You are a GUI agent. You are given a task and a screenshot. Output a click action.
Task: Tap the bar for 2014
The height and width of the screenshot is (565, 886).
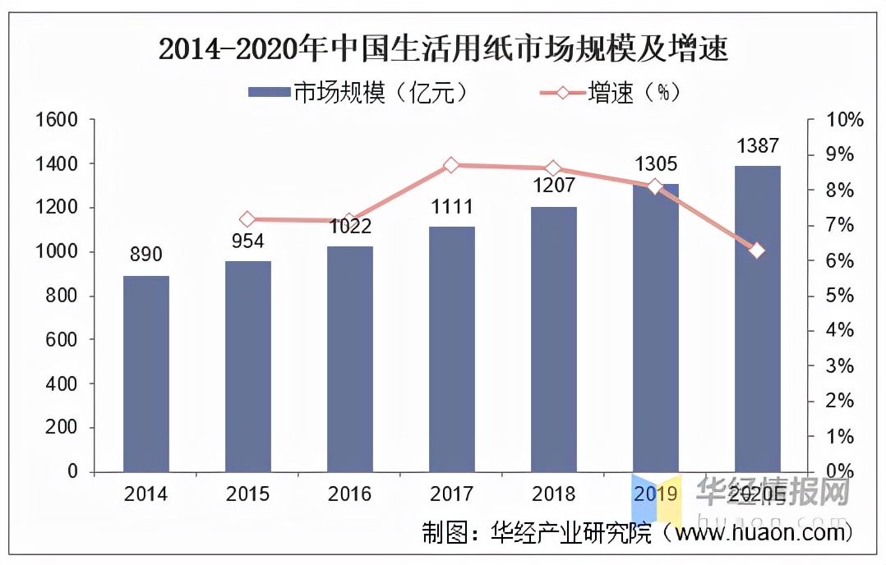(x=146, y=374)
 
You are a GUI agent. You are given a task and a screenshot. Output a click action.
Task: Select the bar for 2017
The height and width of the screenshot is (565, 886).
(x=451, y=349)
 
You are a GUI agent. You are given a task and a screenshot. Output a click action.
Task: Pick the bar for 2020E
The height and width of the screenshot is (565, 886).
(x=757, y=319)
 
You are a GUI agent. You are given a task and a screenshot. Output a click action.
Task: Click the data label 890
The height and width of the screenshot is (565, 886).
(x=146, y=255)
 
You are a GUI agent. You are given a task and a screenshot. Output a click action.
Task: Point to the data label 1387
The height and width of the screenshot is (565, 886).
(x=757, y=145)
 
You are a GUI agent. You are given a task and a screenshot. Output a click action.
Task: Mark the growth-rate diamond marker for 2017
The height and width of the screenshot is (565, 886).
(x=450, y=165)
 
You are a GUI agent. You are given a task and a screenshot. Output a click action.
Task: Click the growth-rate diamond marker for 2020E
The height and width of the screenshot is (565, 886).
(x=757, y=250)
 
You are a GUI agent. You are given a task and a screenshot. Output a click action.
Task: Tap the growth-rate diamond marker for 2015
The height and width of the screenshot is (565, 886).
(x=247, y=219)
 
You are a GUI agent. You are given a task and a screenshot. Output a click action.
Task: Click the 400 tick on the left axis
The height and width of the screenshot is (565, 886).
(x=62, y=384)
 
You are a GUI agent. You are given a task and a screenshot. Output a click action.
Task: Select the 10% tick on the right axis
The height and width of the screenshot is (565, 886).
(x=845, y=121)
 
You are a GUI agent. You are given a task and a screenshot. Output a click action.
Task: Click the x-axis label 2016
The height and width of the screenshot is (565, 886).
(x=349, y=494)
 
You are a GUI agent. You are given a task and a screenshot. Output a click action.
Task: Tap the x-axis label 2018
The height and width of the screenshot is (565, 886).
(x=553, y=494)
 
